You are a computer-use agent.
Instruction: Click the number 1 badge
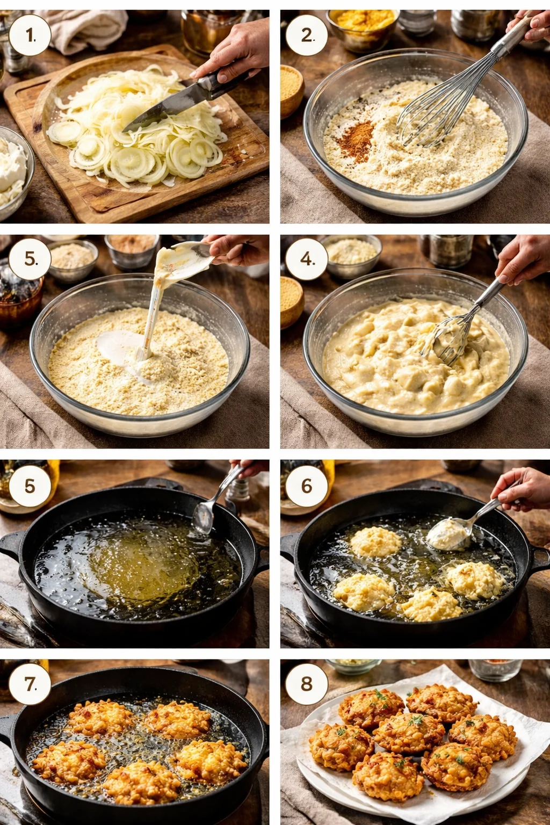tap(30, 35)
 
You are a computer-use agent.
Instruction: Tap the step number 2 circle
tap(307, 35)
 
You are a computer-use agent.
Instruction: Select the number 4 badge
tap(307, 259)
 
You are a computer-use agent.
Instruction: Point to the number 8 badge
tap(307, 684)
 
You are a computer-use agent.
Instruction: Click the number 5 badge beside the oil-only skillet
tap(30, 486)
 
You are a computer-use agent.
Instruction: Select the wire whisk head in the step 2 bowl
tap(430, 115)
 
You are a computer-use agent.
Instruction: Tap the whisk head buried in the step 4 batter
tap(448, 338)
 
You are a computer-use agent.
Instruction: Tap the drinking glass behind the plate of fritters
tap(495, 669)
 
